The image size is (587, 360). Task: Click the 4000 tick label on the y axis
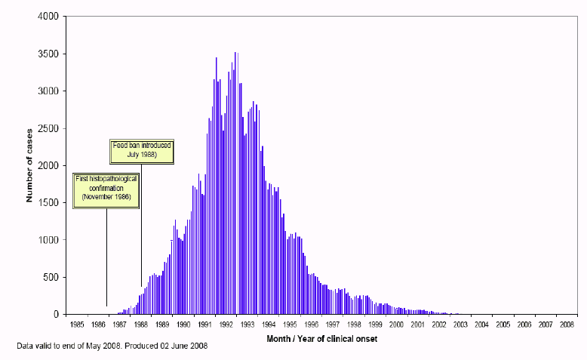tap(48, 17)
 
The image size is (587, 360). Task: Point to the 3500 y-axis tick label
tap(48, 54)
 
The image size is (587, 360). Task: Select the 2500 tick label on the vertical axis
tap(48, 128)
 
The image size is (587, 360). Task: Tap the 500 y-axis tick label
tap(51, 277)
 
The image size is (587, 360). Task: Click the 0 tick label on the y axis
tap(56, 314)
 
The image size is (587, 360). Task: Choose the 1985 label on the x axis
tap(77, 325)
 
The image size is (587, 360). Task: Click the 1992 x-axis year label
tap(226, 325)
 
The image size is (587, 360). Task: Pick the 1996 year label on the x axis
tap(312, 325)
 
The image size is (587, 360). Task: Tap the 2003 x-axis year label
tap(460, 325)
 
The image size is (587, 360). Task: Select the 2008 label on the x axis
tap(567, 325)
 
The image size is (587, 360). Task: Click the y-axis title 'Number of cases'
tap(29, 165)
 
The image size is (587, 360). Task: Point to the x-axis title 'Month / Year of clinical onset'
tap(322, 339)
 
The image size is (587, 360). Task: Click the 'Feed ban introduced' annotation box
tap(142, 152)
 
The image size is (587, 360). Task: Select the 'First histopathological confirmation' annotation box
tap(106, 191)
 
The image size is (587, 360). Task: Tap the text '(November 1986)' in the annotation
tap(106, 197)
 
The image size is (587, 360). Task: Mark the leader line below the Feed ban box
tap(142, 225)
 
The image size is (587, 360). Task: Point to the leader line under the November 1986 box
tap(106, 257)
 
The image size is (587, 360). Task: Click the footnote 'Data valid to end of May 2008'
tap(69, 346)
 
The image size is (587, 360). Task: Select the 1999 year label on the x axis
tap(375, 325)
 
